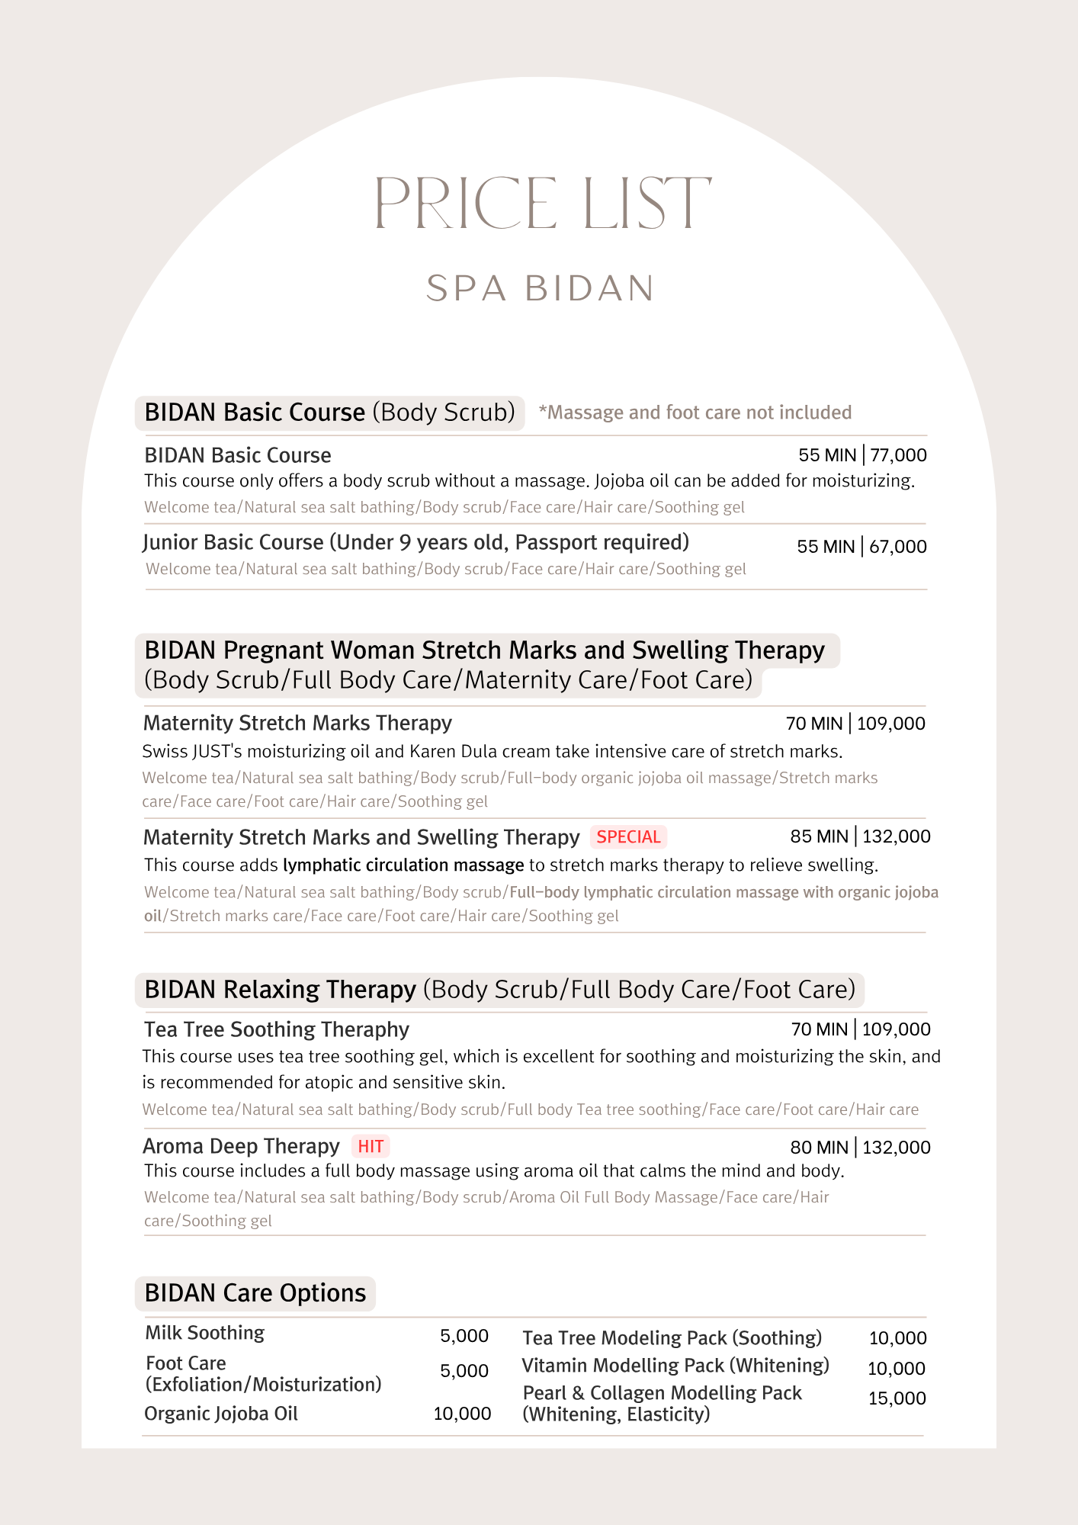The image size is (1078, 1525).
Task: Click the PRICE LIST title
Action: click(x=542, y=203)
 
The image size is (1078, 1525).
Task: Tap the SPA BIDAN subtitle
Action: click(x=541, y=289)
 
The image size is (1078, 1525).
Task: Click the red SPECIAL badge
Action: click(x=628, y=837)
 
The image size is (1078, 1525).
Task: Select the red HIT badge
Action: click(x=371, y=1147)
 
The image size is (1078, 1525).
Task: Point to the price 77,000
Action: click(x=898, y=455)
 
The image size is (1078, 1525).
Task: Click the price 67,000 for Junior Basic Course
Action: click(x=897, y=547)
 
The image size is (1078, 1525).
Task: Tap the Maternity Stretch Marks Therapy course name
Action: click(x=297, y=723)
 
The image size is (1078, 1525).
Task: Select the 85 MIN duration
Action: click(x=819, y=836)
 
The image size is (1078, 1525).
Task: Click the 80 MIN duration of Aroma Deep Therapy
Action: click(x=819, y=1148)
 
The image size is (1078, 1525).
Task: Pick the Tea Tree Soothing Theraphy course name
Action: click(x=276, y=1029)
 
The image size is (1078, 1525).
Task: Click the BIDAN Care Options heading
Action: click(x=255, y=1293)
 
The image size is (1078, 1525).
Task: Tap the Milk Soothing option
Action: click(x=204, y=1333)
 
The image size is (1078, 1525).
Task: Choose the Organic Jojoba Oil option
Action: click(x=220, y=1414)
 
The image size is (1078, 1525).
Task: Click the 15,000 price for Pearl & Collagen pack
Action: click(x=897, y=1398)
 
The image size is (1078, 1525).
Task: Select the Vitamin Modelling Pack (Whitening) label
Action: click(x=675, y=1366)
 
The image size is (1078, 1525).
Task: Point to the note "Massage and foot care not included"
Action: click(x=695, y=413)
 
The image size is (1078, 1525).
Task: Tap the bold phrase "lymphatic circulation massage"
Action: click(x=403, y=865)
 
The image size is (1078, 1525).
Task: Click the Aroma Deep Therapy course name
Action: click(x=241, y=1147)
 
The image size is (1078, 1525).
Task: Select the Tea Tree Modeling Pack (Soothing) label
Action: click(x=672, y=1338)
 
